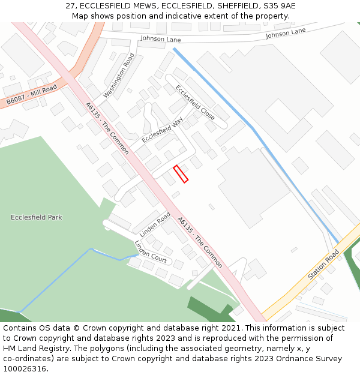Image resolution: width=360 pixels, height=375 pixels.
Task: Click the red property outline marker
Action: (181, 174)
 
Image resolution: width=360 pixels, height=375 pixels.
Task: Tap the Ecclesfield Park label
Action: (37, 217)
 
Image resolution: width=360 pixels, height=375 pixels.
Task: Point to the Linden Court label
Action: (151, 251)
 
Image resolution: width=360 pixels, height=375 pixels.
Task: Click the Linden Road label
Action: (155, 224)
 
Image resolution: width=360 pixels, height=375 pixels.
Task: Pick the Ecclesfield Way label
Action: (162, 130)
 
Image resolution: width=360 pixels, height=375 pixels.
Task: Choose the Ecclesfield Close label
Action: (195, 102)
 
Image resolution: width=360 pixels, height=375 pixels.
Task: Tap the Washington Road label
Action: (119, 76)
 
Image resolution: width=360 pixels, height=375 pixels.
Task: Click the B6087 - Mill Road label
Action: (32, 95)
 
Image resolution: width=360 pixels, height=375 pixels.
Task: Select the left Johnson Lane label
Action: (160, 38)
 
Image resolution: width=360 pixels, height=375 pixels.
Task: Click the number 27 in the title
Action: (70, 6)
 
